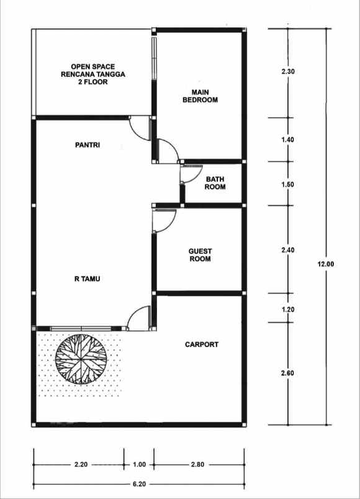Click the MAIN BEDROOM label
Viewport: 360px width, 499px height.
click(200, 96)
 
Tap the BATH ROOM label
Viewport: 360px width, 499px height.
click(215, 183)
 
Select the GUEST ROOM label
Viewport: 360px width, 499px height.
click(200, 255)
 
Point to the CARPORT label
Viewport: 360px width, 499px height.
click(202, 344)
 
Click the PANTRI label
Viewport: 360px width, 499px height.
click(88, 145)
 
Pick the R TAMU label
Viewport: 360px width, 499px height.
click(88, 279)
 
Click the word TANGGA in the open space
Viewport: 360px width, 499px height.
click(111, 74)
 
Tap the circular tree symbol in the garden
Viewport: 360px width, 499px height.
click(81, 359)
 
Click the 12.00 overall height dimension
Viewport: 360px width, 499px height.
click(326, 264)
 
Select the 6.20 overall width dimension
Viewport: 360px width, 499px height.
click(139, 484)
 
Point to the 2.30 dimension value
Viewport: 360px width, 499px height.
click(288, 71)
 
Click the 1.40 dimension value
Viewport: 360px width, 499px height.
click(288, 140)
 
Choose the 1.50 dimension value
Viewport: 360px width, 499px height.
click(288, 184)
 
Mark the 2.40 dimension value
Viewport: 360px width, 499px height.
click(288, 250)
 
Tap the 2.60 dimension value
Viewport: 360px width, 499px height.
click(288, 372)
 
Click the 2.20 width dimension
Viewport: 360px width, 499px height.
click(81, 464)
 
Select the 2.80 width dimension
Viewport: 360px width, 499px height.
click(197, 464)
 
